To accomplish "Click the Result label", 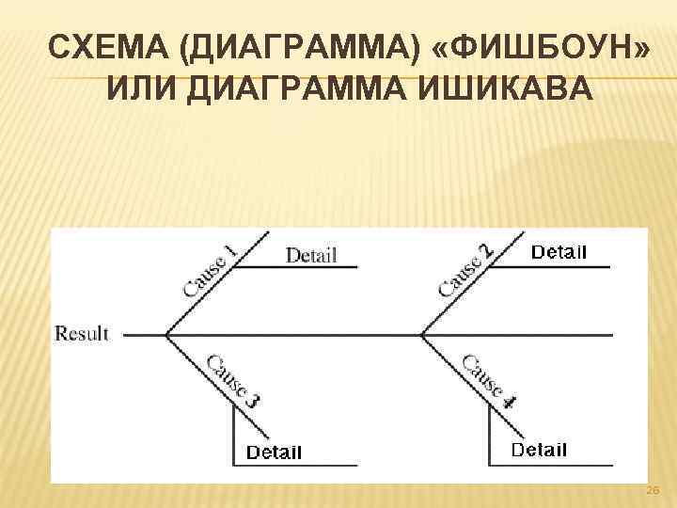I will (x=82, y=333).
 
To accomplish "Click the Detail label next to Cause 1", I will (x=310, y=255).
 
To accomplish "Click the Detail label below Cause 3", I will (x=274, y=452).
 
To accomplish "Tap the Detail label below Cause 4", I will (x=539, y=450).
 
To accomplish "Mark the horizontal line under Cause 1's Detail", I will (x=296, y=267).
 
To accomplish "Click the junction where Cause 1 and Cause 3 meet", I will (x=166, y=334).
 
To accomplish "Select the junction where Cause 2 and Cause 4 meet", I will (x=422, y=334).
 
